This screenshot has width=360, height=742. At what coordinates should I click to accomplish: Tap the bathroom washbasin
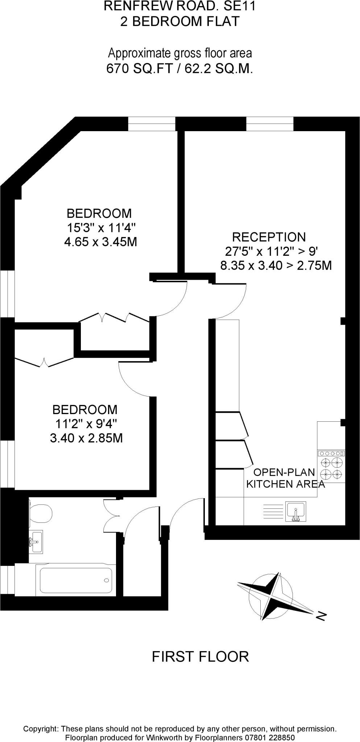(36, 541)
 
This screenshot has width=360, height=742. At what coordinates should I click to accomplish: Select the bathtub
(76, 580)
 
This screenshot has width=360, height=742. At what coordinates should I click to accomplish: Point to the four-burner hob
(331, 468)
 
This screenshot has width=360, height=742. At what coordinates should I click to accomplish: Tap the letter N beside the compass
(321, 616)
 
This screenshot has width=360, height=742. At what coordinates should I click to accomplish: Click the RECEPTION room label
(269, 237)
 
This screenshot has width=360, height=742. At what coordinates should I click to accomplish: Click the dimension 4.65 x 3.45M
(100, 242)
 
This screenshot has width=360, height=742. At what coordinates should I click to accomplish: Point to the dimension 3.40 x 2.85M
(86, 438)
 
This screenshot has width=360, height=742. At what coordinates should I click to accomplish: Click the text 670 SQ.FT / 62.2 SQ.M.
(179, 68)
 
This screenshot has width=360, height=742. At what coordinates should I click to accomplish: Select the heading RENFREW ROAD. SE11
(179, 6)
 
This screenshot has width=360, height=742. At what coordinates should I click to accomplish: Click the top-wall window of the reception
(270, 124)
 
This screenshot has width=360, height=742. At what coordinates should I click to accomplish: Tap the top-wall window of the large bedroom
(152, 124)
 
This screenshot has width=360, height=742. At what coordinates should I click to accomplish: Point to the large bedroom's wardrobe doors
(114, 318)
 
